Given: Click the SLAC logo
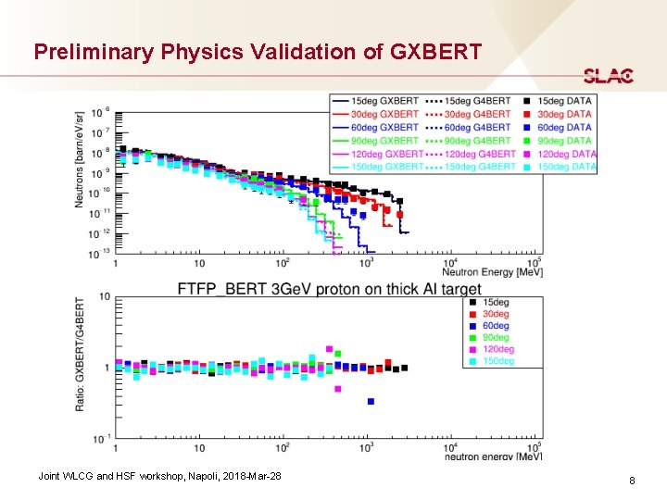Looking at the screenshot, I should pyautogui.click(x=608, y=76).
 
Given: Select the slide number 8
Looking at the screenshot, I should pyautogui.click(x=631, y=481).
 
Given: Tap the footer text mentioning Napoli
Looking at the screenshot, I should pyautogui.click(x=159, y=476).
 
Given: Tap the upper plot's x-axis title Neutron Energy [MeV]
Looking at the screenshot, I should pyautogui.click(x=491, y=271).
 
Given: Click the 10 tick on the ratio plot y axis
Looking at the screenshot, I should pyautogui.click(x=105, y=297).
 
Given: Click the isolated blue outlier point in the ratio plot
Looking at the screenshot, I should pyautogui.click(x=371, y=401).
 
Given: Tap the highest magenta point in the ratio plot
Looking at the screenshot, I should pyautogui.click(x=329, y=349).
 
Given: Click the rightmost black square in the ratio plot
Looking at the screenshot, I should pyautogui.click(x=404, y=368).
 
